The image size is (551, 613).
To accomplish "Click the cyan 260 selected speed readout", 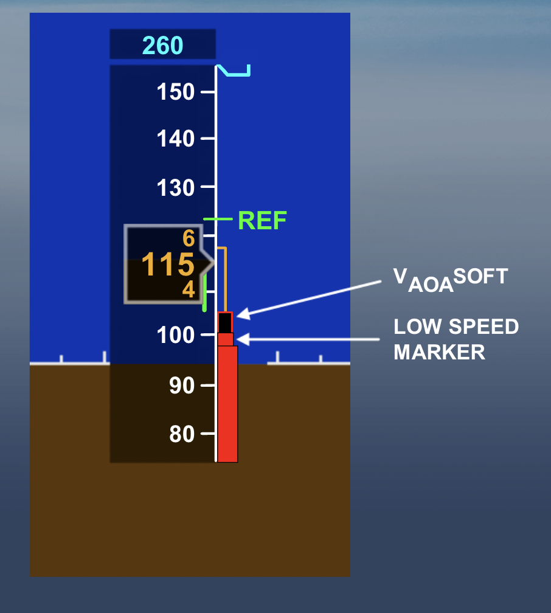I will click(x=162, y=46).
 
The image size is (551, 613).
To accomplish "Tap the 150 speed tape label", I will click(x=176, y=92).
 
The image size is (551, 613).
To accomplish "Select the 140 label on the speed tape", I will click(x=176, y=139).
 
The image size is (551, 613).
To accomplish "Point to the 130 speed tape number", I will click(x=176, y=187).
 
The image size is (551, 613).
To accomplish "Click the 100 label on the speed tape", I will click(x=176, y=335).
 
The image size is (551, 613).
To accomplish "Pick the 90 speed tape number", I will click(x=182, y=386).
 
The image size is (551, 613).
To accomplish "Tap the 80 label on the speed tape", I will click(x=182, y=434).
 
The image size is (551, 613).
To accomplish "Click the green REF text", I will click(x=262, y=220).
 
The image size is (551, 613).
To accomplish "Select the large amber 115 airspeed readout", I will click(x=167, y=265).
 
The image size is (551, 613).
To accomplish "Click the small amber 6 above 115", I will click(x=189, y=238).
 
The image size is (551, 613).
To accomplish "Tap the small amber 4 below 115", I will click(x=189, y=289).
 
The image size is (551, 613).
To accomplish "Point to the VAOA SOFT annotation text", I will click(x=450, y=280).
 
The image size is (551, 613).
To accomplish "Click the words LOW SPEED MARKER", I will click(x=456, y=339).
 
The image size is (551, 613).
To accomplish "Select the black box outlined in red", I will click(x=225, y=322).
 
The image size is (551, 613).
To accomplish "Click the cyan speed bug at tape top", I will click(x=234, y=72).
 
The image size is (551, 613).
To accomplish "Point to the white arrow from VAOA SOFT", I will click(x=316, y=297).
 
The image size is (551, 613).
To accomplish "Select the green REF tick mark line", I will click(x=218, y=219).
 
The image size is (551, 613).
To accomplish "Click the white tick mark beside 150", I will click(x=208, y=92).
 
